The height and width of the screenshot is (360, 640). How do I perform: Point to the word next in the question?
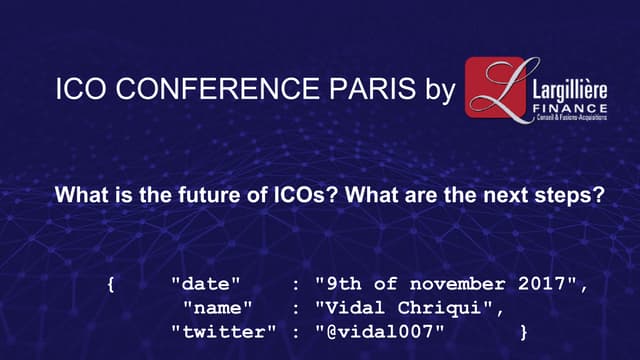pyautogui.click(x=509, y=195)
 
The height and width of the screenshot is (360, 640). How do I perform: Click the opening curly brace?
pyautogui.click(x=110, y=284)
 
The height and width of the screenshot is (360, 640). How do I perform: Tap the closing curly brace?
pyautogui.click(x=524, y=329)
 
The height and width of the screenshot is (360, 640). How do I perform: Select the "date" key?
pyautogui.click(x=202, y=284)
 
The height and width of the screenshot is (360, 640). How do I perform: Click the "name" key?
pyautogui.click(x=214, y=306)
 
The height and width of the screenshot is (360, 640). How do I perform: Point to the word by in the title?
pyautogui.click(x=432, y=93)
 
